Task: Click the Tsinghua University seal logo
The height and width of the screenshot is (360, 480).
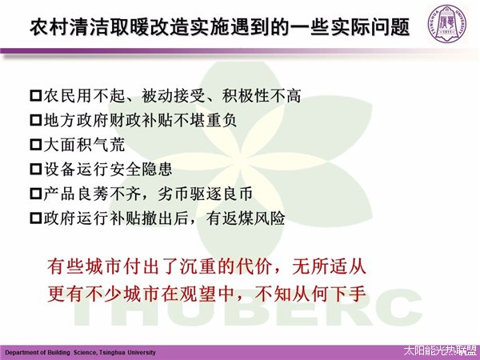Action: tap(448, 24)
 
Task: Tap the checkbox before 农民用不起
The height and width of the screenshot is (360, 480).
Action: tap(36, 96)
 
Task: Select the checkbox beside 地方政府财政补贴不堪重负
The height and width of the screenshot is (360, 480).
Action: tap(36, 120)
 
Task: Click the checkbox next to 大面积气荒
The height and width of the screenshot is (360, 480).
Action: tap(36, 145)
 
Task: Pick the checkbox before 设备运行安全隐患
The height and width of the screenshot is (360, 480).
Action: tap(36, 169)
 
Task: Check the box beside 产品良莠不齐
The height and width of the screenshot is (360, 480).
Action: tap(36, 194)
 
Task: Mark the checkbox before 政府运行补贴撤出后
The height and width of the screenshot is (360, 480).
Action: tap(36, 218)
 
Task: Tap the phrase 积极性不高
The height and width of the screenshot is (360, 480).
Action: tap(262, 96)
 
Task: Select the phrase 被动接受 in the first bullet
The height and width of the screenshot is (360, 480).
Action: tap(174, 96)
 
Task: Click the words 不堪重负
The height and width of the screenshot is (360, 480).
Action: tap(205, 120)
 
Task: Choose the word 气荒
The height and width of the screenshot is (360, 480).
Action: tap(110, 145)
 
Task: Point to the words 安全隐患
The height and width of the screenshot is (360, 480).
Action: tap(141, 169)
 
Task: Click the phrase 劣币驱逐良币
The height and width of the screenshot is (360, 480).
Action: tap(205, 194)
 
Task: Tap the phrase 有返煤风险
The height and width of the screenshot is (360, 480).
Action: tap(246, 218)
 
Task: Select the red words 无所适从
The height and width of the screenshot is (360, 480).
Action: tap(329, 266)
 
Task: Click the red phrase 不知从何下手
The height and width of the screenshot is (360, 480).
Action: tap(310, 294)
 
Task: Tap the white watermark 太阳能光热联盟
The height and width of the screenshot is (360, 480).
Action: tap(440, 351)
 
